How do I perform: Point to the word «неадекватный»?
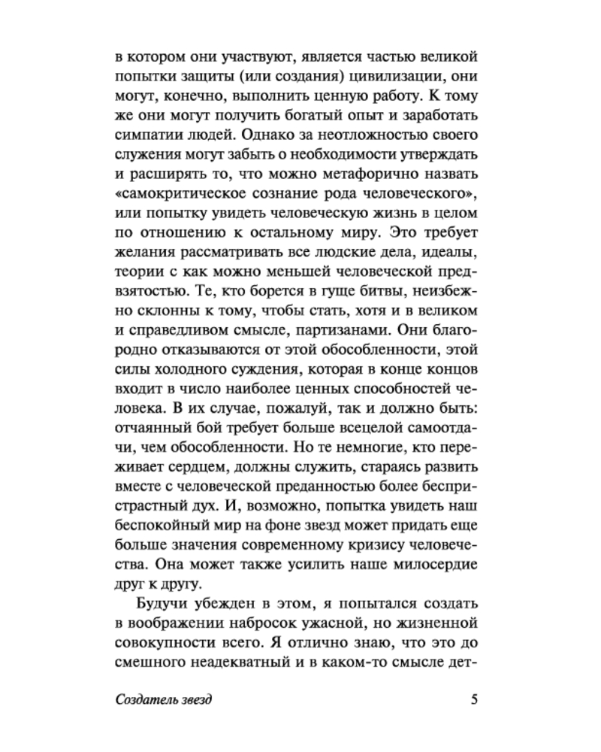pos(240,661)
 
